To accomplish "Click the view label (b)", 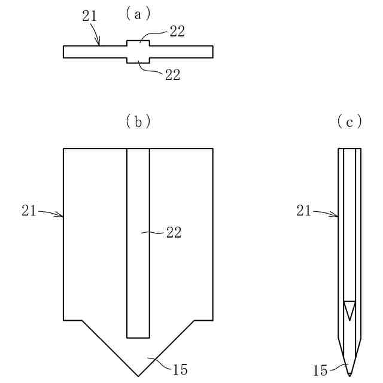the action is (x=138, y=121).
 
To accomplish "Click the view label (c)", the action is (x=350, y=121).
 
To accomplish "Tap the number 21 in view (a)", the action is (x=89, y=16).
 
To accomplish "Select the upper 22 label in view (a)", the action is (x=177, y=32).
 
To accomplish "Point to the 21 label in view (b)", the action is (x=29, y=210).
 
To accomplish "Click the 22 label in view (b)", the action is (x=173, y=232).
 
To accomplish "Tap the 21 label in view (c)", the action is (x=305, y=210).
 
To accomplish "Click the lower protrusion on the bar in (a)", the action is (x=138, y=60).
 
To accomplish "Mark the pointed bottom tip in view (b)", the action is (x=138, y=375).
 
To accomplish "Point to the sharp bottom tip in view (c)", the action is (x=350, y=375).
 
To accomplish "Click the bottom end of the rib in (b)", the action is (x=138, y=337).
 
